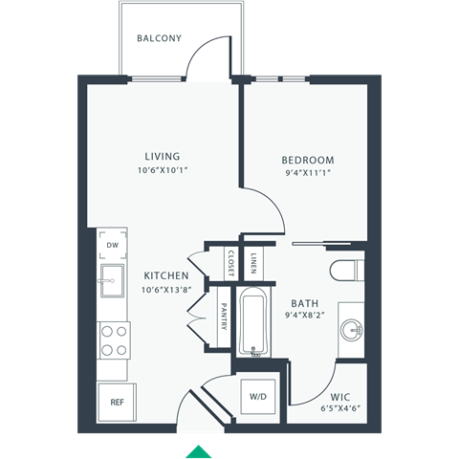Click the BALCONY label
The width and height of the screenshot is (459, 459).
click(x=160, y=39)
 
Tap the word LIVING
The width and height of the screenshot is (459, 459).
click(x=163, y=157)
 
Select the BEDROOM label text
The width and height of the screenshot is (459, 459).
click(x=307, y=160)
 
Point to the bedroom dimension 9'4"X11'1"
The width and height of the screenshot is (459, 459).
click(x=307, y=174)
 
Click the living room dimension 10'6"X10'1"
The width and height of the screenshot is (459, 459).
click(x=163, y=171)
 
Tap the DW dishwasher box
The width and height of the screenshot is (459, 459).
click(x=113, y=246)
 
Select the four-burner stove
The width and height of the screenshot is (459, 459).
click(x=114, y=339)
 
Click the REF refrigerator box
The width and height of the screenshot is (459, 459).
click(x=116, y=403)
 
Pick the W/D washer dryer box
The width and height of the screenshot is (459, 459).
click(x=259, y=396)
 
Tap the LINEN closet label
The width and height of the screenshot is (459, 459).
click(x=253, y=260)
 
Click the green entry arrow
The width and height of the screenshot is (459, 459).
click(x=198, y=450)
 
